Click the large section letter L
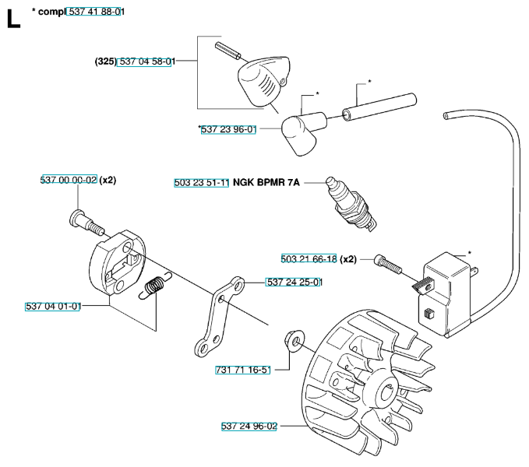[13, 19]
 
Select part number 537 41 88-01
[97, 12]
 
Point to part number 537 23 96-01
[228, 130]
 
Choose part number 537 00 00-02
[69, 180]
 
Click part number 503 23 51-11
[202, 183]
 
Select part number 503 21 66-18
[309, 259]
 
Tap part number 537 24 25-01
[294, 282]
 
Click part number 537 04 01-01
[53, 307]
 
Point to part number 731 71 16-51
[242, 369]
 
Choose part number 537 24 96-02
[249, 426]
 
